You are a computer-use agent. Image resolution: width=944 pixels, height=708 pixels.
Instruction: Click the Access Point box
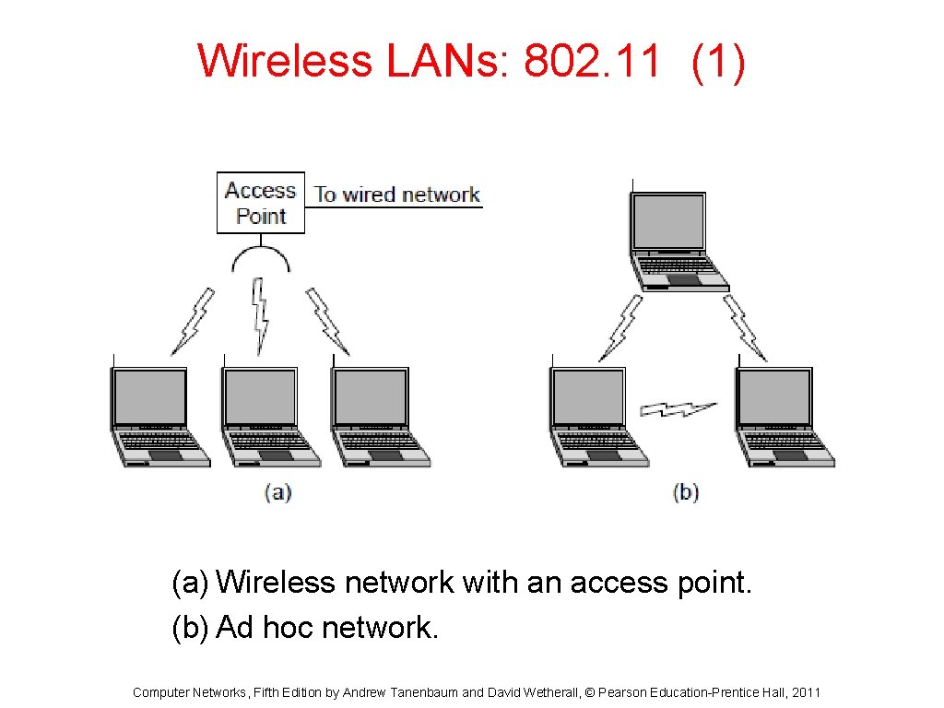click(x=261, y=203)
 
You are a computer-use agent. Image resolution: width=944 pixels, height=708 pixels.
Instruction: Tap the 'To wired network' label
click(x=396, y=195)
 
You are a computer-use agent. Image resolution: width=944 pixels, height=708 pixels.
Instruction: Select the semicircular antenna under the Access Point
click(x=261, y=259)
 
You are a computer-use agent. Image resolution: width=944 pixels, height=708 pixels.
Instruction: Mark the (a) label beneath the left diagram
click(x=277, y=492)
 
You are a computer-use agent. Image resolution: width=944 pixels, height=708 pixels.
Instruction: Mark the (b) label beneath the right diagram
click(x=686, y=492)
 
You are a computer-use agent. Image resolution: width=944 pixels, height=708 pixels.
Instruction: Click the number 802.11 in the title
click(x=592, y=62)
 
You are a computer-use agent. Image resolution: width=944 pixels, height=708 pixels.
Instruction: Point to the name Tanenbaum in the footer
click(x=423, y=692)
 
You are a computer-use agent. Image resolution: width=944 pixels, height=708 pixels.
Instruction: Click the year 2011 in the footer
click(x=806, y=692)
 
